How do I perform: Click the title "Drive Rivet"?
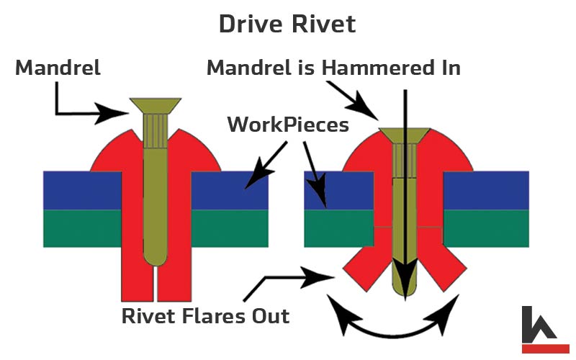tap(287, 24)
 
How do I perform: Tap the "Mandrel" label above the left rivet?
tap(58, 68)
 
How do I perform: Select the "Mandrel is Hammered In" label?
tap(333, 68)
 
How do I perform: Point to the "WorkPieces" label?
tap(288, 125)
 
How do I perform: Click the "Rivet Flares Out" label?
tap(205, 316)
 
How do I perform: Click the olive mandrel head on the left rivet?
tap(156, 105)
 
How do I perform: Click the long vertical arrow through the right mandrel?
tap(405, 194)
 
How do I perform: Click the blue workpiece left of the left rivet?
tap(82, 190)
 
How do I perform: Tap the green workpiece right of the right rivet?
tap(486, 228)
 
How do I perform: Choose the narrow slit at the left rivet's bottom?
tap(156, 284)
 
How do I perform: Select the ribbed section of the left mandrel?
tap(156, 131)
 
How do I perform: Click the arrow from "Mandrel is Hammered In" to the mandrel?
tap(353, 101)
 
